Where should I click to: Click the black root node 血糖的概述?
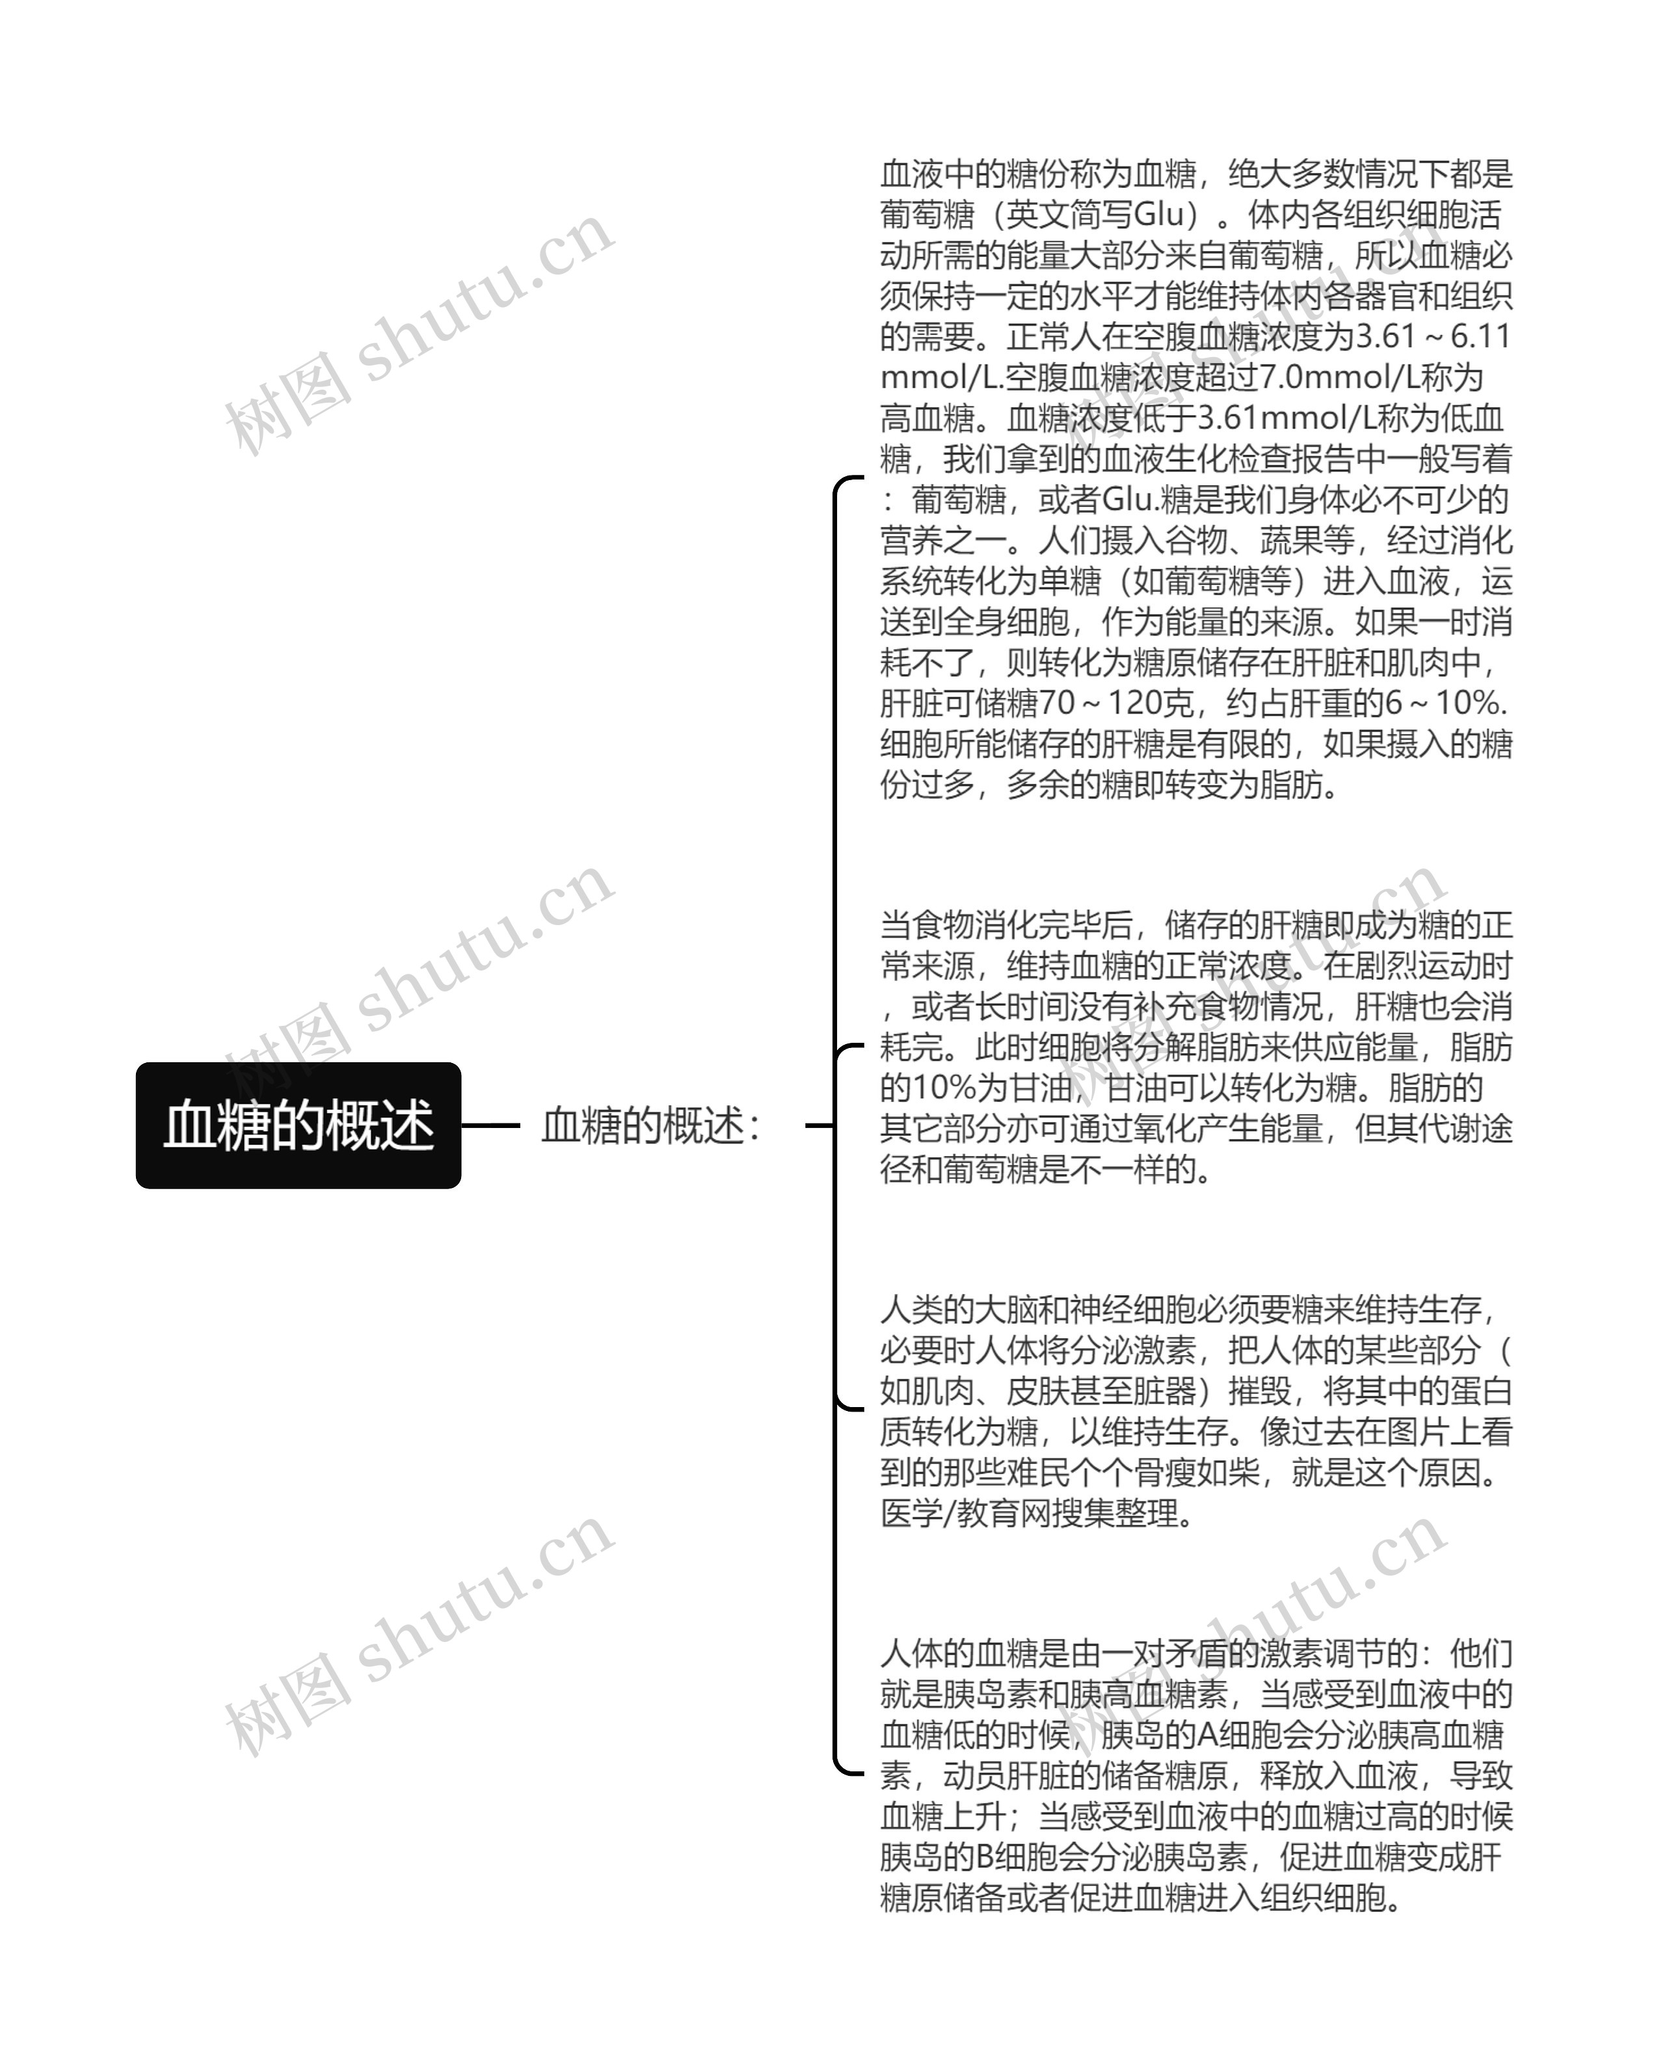pos(299,1125)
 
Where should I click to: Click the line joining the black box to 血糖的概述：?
pos(490,1125)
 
